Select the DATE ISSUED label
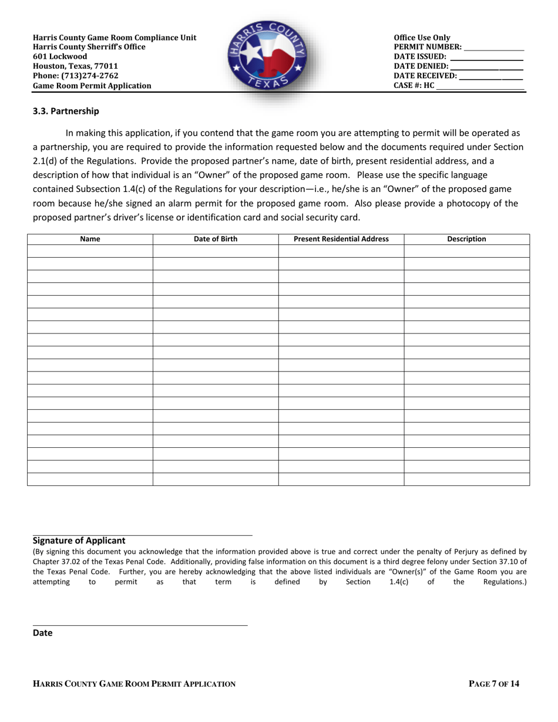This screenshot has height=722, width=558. [x=420, y=57]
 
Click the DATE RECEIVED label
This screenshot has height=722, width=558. [x=425, y=76]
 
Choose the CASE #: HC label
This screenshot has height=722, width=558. [x=414, y=85]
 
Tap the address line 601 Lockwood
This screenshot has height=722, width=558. [x=60, y=57]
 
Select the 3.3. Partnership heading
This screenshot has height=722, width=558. [x=66, y=111]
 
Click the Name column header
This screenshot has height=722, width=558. [x=90, y=239]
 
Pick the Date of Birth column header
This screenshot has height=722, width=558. [x=216, y=239]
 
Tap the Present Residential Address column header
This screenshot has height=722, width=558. [x=341, y=239]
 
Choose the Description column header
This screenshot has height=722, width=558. [x=466, y=239]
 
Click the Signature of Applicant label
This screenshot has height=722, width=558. [x=79, y=541]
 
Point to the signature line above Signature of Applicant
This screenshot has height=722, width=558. [x=142, y=535]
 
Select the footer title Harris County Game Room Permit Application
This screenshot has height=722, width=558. [x=135, y=683]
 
